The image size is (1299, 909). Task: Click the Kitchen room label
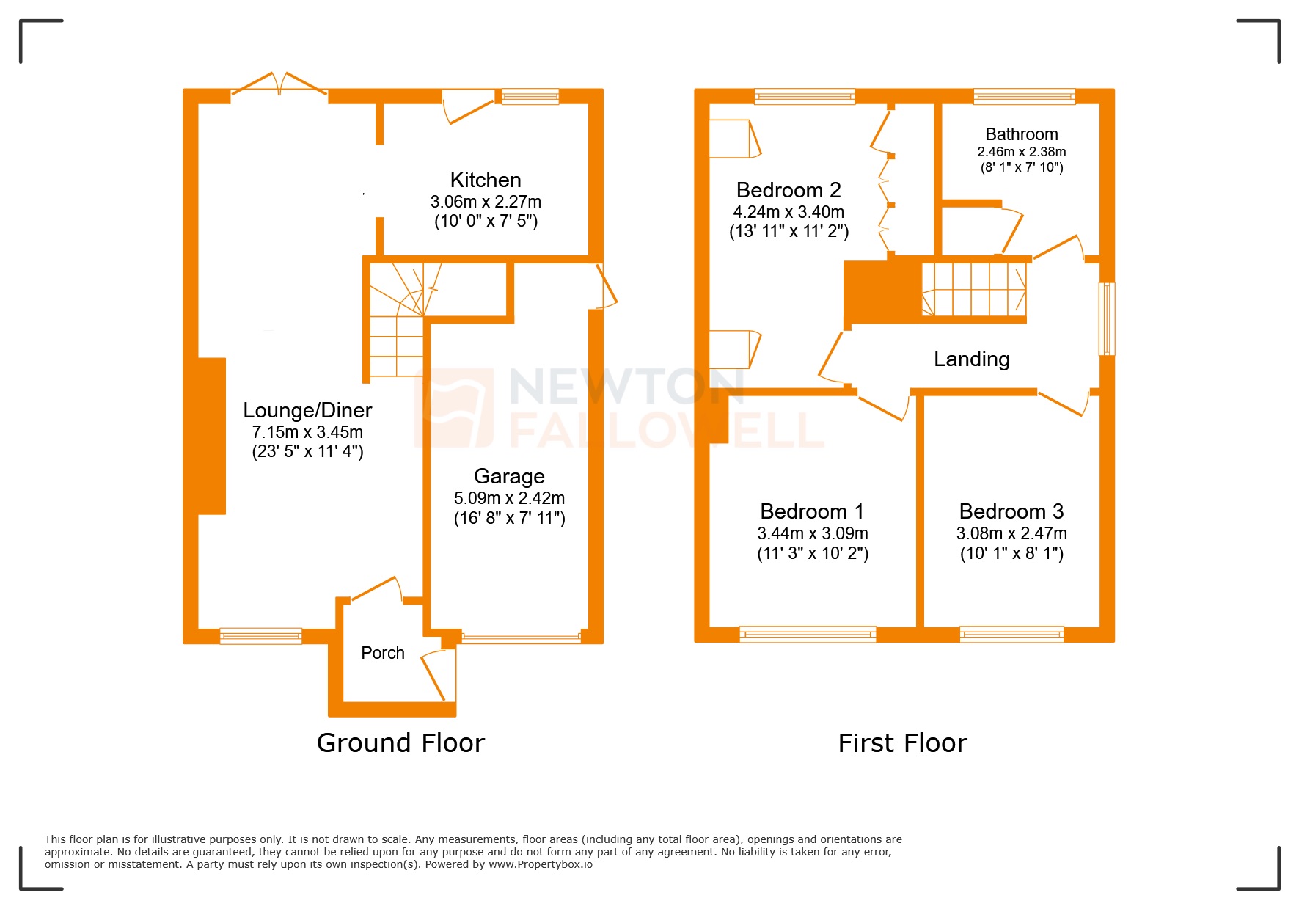[x=486, y=180]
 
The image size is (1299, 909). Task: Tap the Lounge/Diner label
[x=307, y=410]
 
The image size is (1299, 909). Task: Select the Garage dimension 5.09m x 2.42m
[x=509, y=498]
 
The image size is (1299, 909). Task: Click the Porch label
[x=383, y=653]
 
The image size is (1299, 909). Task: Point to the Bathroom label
[x=1021, y=134]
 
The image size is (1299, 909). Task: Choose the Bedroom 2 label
[x=788, y=190]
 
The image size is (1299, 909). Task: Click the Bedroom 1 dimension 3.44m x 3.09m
[x=813, y=533]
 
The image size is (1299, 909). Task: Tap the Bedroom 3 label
[x=1011, y=511]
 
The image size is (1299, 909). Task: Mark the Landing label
[x=971, y=359]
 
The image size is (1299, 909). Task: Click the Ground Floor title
[x=400, y=743]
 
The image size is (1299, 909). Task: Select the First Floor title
[x=902, y=743]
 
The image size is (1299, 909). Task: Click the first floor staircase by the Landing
[x=973, y=290]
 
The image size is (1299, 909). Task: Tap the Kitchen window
[x=530, y=96]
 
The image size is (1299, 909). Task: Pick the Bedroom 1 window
[x=808, y=634]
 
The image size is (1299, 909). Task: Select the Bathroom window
[x=1024, y=96]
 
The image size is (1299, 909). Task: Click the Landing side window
[x=1106, y=319]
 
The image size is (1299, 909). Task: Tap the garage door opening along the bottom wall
[x=521, y=637]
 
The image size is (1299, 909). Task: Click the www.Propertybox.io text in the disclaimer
[x=541, y=864]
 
